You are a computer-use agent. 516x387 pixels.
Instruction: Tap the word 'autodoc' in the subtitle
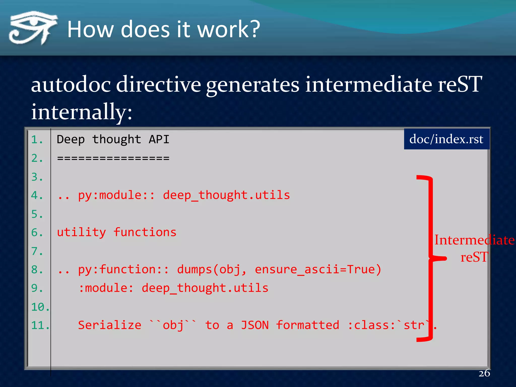(71, 84)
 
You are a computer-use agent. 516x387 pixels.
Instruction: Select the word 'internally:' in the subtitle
(81, 112)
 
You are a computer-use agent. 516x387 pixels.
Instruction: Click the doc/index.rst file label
(446, 139)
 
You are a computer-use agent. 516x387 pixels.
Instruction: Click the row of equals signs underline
(113, 158)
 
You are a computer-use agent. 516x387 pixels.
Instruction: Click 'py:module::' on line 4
(116, 195)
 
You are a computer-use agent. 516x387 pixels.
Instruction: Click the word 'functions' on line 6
(145, 232)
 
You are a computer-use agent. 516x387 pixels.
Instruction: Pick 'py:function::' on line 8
(123, 269)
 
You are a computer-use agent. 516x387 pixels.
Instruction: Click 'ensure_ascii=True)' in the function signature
(318, 269)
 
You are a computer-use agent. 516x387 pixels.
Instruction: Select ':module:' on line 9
(106, 288)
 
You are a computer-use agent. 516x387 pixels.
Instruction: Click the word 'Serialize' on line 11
(109, 325)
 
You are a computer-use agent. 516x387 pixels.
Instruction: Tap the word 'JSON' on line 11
(255, 325)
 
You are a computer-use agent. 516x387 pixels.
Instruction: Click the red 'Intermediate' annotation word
(474, 240)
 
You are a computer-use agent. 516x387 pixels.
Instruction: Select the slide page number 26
(484, 373)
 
